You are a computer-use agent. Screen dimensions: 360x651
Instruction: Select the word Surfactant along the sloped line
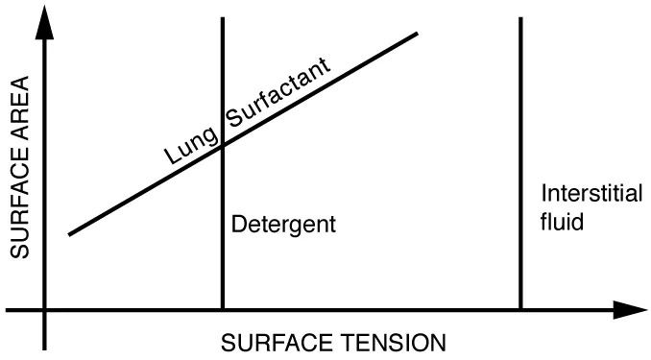(x=278, y=94)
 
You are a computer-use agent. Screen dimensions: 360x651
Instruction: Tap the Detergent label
(x=283, y=227)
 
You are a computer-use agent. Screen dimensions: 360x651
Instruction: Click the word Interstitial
(x=579, y=190)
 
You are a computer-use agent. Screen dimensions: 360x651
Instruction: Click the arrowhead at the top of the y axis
(x=44, y=21)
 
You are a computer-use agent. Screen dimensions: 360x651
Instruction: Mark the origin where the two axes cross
(x=44, y=310)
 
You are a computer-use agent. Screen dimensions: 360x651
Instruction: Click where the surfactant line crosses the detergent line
(x=223, y=145)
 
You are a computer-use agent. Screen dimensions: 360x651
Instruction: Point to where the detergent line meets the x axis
(x=223, y=310)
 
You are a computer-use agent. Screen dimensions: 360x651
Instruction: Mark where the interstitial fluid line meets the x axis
(x=520, y=310)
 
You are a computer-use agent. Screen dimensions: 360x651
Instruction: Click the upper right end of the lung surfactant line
(x=418, y=35)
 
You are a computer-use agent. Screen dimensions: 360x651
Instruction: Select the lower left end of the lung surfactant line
(x=70, y=233)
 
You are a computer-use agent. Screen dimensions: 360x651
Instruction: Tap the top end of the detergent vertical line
(x=223, y=19)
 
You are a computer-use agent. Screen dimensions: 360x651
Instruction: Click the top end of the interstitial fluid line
(x=520, y=19)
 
